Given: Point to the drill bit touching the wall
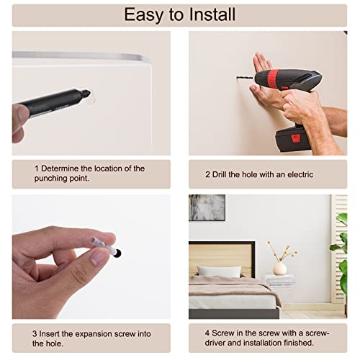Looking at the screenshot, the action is [245, 78].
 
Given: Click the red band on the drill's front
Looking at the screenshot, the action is [274, 77].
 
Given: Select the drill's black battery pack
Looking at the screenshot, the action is [292, 139].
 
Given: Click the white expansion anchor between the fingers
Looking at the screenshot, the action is [104, 245].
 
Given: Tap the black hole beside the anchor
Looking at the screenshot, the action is [118, 253].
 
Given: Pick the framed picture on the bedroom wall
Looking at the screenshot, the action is [207, 207].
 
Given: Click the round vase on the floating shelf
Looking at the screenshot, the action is [280, 269].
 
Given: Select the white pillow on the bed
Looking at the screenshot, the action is [219, 272].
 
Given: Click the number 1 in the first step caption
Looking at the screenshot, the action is [37, 168].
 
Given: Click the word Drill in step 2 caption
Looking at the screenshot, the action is [219, 174].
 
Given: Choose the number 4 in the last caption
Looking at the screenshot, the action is [207, 333].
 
